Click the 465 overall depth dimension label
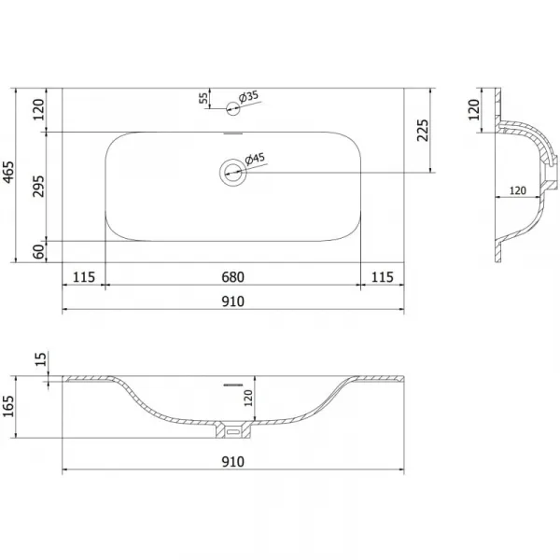7,175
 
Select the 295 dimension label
38,187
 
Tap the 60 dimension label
38,252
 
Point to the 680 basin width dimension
232,277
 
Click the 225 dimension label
423,131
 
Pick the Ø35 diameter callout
248,97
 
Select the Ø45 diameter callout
255,159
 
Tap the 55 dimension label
203,98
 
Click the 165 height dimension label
7,406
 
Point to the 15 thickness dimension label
41,359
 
